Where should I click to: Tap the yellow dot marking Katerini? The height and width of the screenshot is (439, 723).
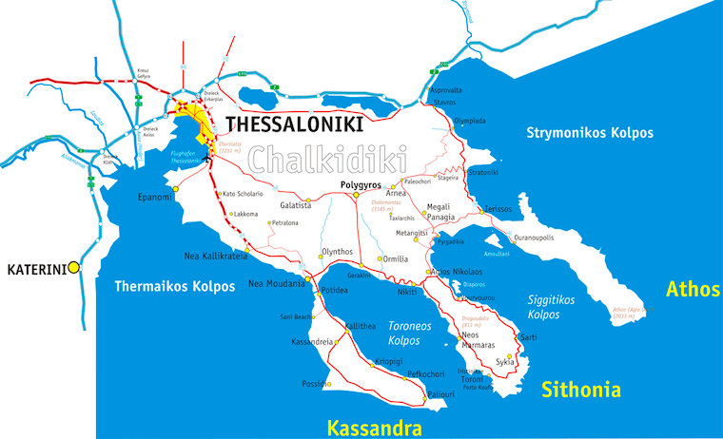pyautogui.click(x=73, y=269)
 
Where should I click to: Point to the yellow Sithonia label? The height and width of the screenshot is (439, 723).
pyautogui.click(x=580, y=390)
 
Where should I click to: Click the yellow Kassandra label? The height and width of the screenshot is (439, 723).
pyautogui.click(x=374, y=428)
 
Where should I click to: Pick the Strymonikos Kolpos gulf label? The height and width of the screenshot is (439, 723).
pyautogui.click(x=590, y=133)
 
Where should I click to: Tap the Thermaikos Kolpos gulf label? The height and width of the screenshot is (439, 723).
pyautogui.click(x=173, y=286)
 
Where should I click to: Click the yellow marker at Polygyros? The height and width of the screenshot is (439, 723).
pyautogui.click(x=356, y=195)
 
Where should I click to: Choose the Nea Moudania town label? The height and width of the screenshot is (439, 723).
pyautogui.click(x=276, y=283)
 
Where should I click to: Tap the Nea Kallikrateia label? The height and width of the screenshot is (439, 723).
pyautogui.click(x=215, y=256)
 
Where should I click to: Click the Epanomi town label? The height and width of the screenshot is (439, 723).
pyautogui.click(x=154, y=197)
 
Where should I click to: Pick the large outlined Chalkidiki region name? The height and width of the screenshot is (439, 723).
pyautogui.click(x=322, y=158)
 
